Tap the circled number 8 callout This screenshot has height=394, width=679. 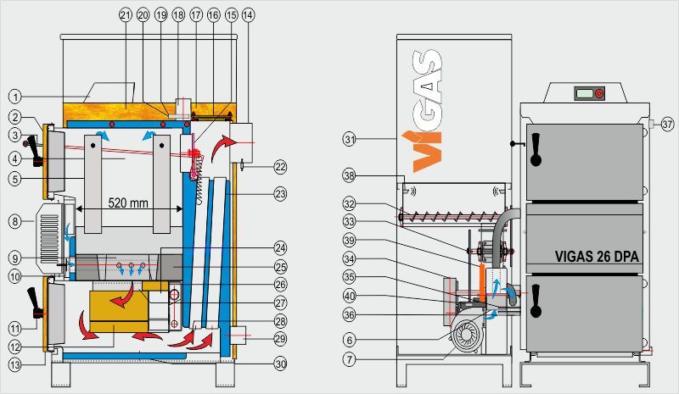(15, 222)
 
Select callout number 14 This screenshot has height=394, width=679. (247, 15)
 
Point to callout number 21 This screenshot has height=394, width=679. (126, 15)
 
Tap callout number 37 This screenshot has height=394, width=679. (667, 125)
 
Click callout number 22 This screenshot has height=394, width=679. (281, 166)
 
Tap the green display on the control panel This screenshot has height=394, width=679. (583, 92)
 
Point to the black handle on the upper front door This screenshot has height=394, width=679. (536, 152)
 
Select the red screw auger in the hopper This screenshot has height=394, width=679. (454, 213)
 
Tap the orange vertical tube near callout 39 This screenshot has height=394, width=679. (483, 282)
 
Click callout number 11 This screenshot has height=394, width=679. (15, 327)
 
